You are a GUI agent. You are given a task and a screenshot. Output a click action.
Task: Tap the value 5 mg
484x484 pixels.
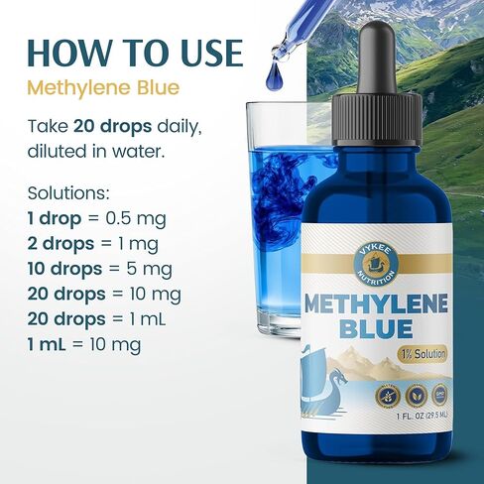(149, 268)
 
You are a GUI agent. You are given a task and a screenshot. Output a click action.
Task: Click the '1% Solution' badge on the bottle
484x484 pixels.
(422, 354)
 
